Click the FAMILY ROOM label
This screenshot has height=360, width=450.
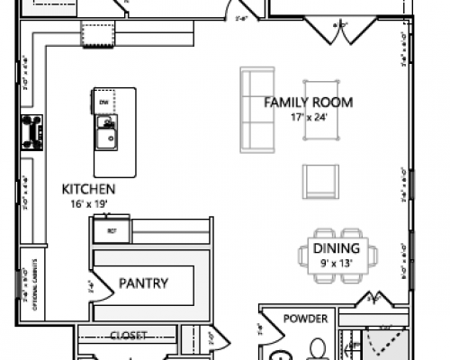click(307, 102)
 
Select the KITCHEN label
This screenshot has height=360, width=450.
click(87, 189)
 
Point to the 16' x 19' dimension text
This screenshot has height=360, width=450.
click(87, 203)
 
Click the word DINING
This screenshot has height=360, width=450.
click(336, 248)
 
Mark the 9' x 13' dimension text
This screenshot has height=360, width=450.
click(336, 263)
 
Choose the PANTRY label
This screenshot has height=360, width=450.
click(143, 283)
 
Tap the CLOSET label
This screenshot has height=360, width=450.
click(128, 337)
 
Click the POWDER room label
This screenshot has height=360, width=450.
click(304, 319)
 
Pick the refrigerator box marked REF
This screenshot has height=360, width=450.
click(112, 230)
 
